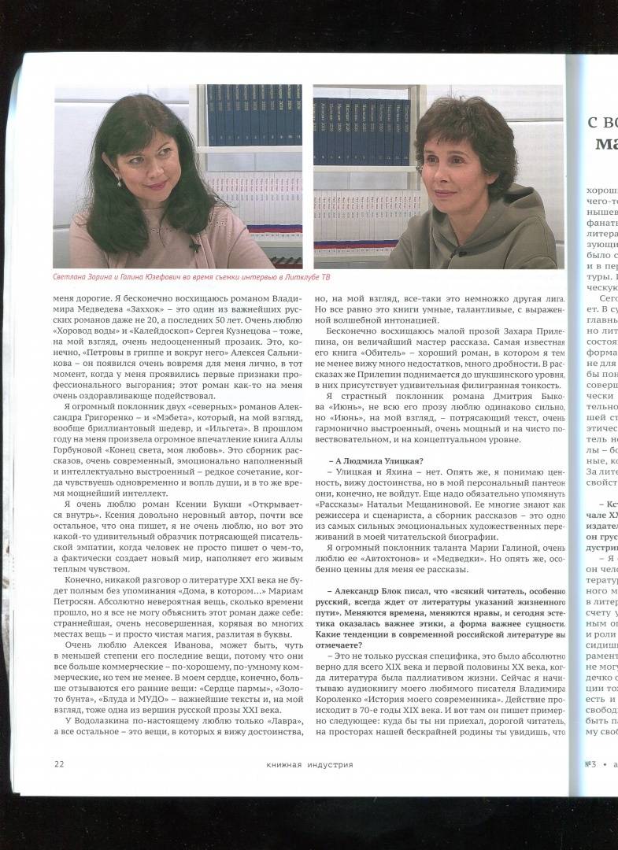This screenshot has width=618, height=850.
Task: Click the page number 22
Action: point(59,763)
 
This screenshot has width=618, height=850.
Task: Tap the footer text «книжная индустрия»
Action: point(309,764)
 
